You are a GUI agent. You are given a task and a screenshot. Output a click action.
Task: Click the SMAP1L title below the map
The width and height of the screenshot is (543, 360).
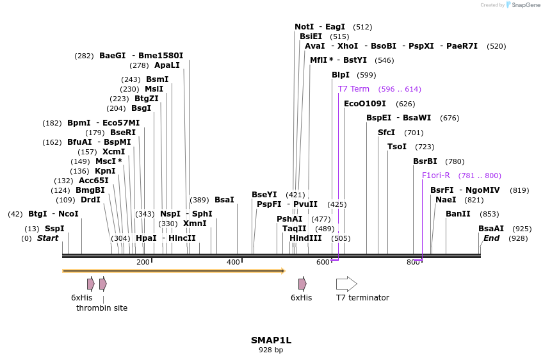[271, 340]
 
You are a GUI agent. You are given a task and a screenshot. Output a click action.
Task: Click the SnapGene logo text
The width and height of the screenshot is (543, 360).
[526, 5]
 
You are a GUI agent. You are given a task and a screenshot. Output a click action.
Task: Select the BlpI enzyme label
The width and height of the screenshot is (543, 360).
[341, 75]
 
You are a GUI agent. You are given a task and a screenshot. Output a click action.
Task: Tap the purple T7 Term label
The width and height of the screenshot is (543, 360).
[353, 89]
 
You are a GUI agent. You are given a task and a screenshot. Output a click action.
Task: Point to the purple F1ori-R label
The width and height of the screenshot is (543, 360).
[436, 176]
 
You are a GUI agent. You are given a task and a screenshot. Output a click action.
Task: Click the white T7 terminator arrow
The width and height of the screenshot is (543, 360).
[346, 284]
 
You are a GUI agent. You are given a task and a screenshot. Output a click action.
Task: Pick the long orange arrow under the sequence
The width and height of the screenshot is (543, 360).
[173, 271]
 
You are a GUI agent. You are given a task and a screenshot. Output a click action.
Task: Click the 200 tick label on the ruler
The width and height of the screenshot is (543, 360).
[143, 262]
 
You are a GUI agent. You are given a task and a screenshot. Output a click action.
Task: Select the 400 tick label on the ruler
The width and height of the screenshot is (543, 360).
[233, 262]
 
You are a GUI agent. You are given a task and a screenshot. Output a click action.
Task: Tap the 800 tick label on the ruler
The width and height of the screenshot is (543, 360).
[413, 262]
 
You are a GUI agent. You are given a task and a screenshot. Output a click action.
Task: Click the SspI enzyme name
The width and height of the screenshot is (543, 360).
[54, 229]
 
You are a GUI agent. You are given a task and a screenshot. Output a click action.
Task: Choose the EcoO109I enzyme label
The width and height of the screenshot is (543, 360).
[365, 104]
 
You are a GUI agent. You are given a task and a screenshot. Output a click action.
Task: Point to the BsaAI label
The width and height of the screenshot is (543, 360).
[491, 229]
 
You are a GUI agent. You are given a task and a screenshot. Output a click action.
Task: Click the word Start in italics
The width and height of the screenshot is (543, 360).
[47, 238]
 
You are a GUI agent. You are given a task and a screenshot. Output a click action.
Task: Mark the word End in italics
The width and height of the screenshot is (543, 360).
[492, 238]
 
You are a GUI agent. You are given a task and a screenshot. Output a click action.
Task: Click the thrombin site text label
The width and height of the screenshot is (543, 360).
[102, 308]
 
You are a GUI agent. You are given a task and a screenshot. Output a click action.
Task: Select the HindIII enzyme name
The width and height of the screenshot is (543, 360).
[305, 238]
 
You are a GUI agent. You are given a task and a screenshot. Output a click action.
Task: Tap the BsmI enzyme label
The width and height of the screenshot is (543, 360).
[158, 79]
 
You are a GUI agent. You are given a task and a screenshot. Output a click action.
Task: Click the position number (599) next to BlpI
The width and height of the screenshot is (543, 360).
[367, 75]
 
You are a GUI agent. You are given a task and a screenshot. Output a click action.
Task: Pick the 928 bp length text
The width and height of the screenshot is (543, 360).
[271, 350]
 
